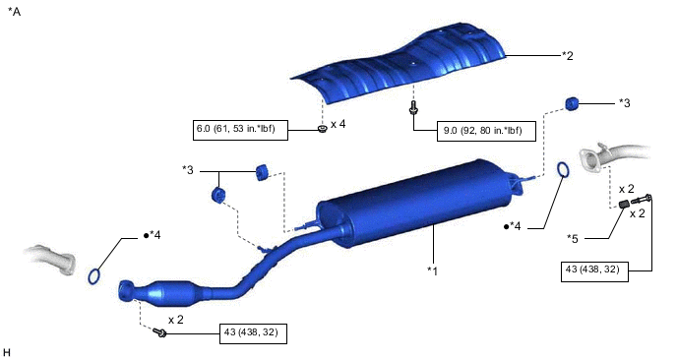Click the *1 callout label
point(432,270)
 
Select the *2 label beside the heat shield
point(568,55)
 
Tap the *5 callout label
point(572,238)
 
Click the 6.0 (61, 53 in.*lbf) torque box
point(240,130)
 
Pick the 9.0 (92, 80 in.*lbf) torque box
point(486,131)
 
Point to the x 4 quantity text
point(338,124)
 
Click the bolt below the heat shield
point(413,107)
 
